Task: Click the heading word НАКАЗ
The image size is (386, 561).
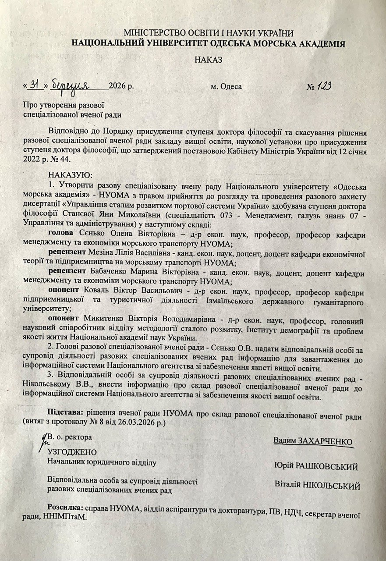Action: (209, 60)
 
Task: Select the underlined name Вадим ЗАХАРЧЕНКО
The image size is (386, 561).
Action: (313, 440)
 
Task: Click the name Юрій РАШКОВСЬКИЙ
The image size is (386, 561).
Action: (316, 466)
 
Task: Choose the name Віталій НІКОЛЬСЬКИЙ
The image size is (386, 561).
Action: (317, 486)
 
